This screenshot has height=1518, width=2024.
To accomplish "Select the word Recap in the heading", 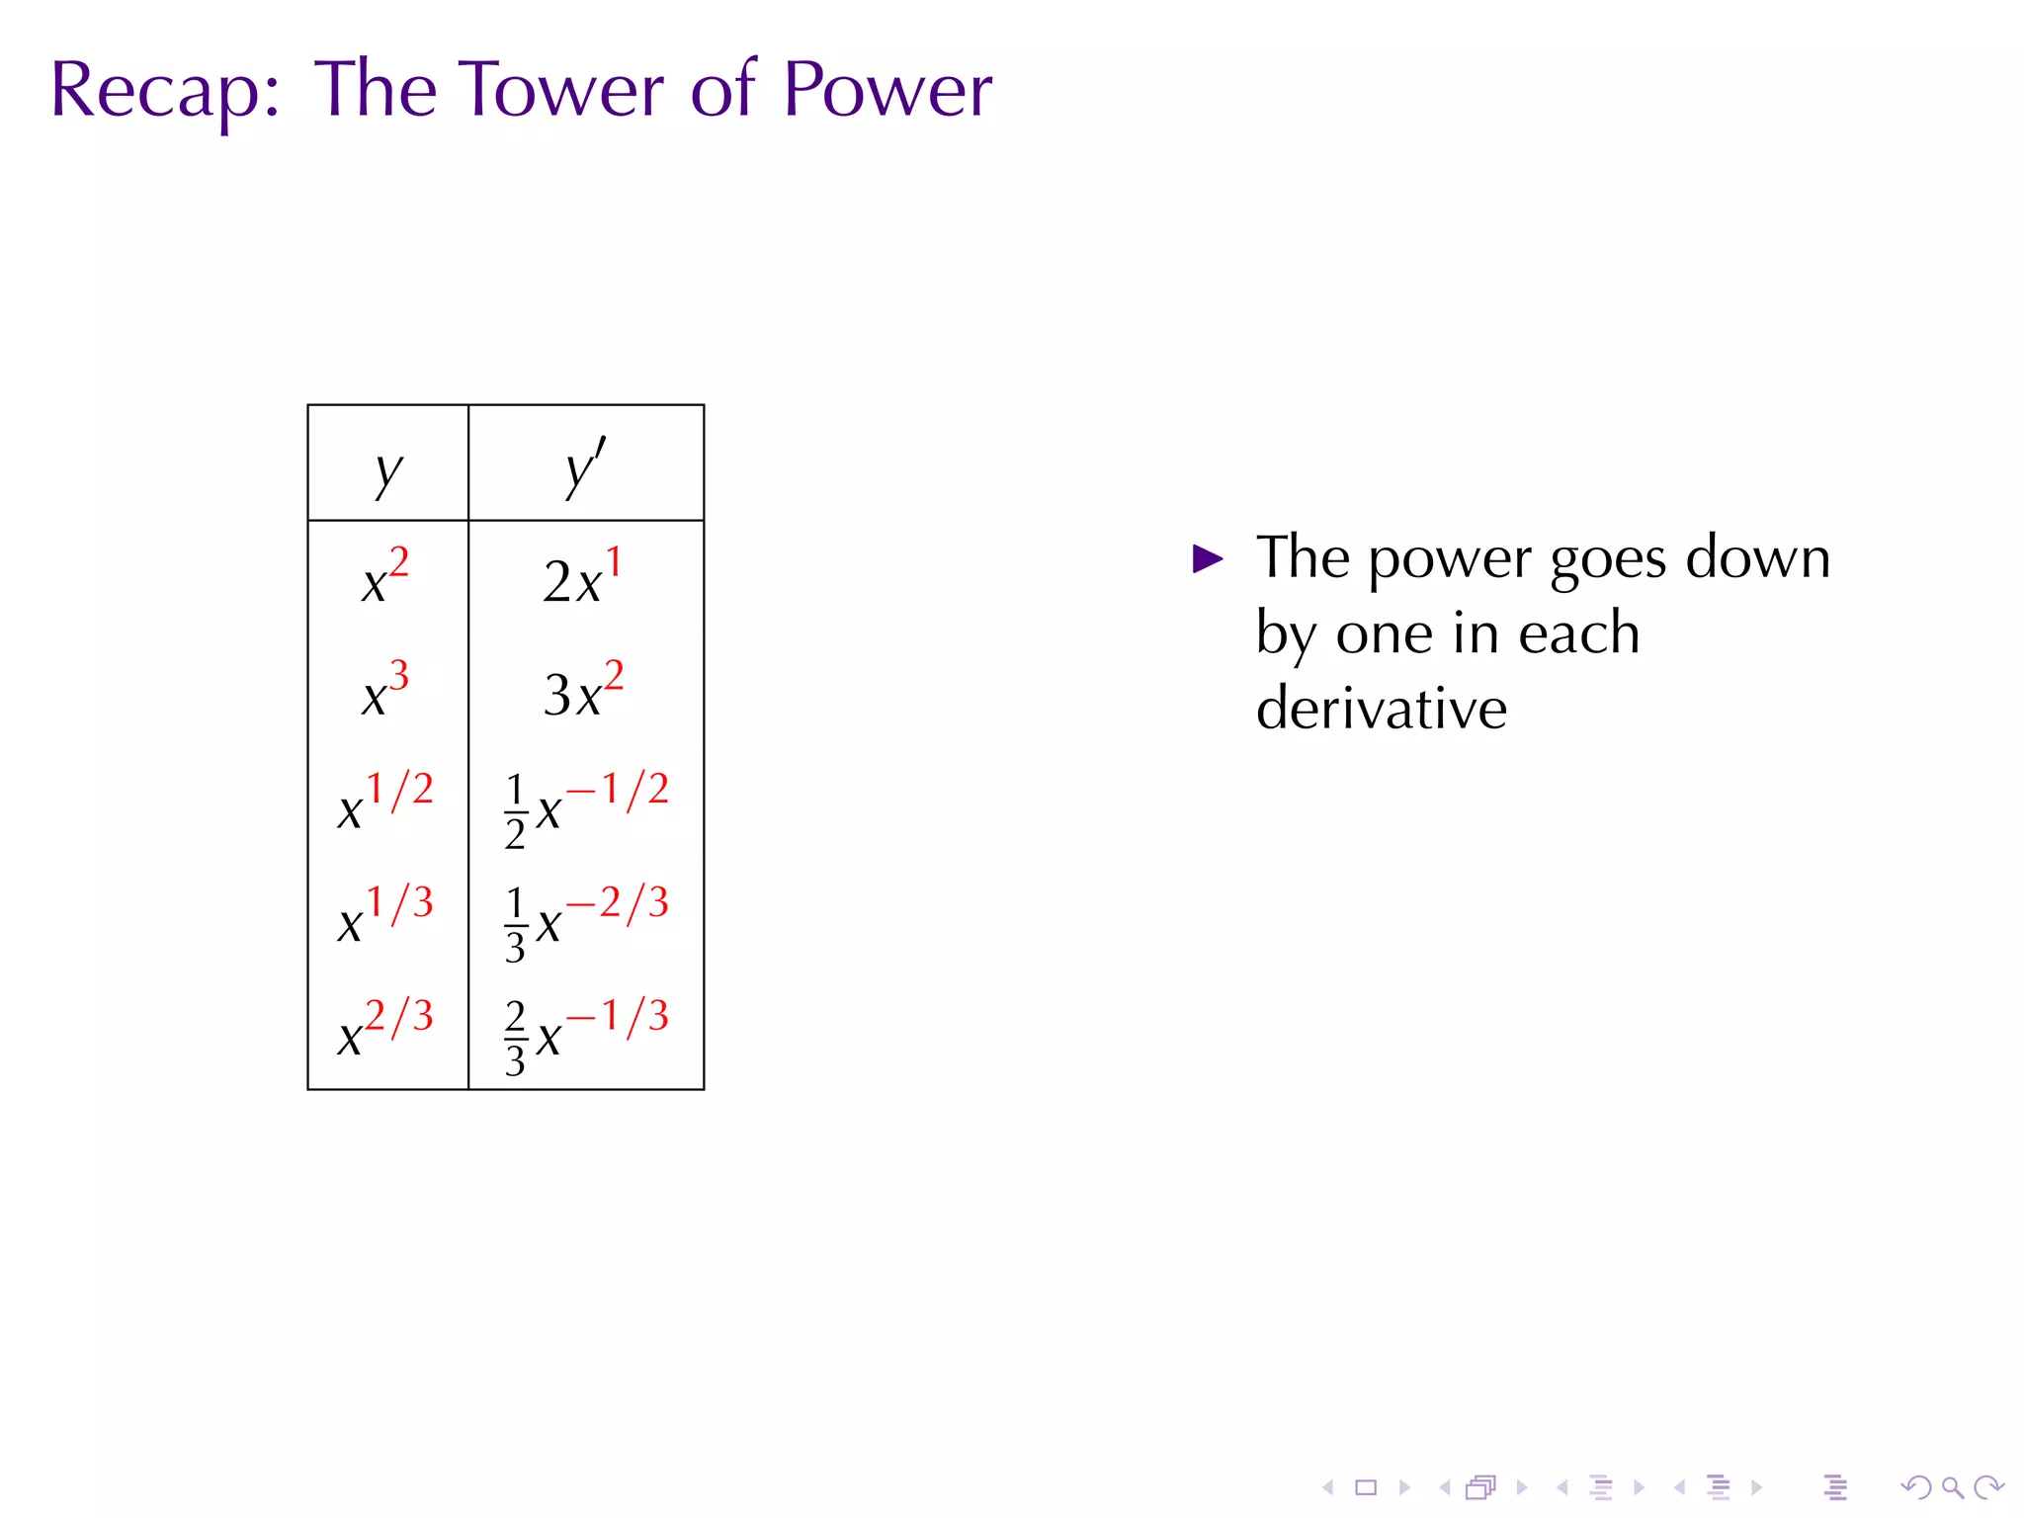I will click(x=156, y=91).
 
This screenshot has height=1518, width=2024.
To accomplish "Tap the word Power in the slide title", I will click(x=887, y=91).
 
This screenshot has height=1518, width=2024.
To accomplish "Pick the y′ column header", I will click(x=585, y=468).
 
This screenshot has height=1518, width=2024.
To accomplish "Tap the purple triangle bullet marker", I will click(x=1208, y=559).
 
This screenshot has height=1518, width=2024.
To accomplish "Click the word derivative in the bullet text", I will click(x=1381, y=709).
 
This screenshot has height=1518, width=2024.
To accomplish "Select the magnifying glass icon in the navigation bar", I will click(x=1952, y=1487).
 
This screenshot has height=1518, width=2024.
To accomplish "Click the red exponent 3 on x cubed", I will click(x=398, y=676).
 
